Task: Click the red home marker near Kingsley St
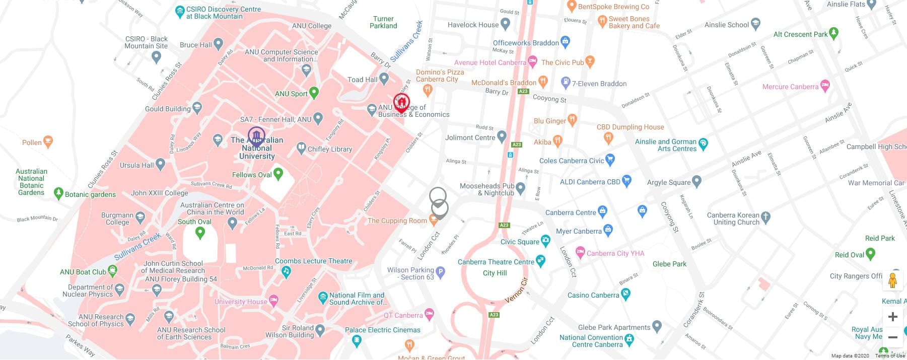(x=401, y=103)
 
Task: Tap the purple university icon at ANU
(x=256, y=136)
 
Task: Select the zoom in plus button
(x=892, y=317)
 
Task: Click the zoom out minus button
(x=892, y=337)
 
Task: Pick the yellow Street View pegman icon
(x=892, y=280)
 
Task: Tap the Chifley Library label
(x=329, y=149)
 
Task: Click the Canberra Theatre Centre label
(x=496, y=262)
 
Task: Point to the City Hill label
(x=495, y=273)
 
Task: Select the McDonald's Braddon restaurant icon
(x=543, y=81)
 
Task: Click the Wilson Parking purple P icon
(x=440, y=273)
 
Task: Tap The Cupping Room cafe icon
(x=433, y=220)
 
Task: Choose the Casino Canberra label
(x=593, y=295)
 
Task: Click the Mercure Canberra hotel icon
(x=824, y=86)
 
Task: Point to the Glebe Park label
(x=669, y=264)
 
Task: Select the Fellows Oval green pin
(x=277, y=174)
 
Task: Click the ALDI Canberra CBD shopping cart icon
(x=626, y=180)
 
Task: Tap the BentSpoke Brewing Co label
(x=613, y=7)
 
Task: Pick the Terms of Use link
(x=890, y=356)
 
